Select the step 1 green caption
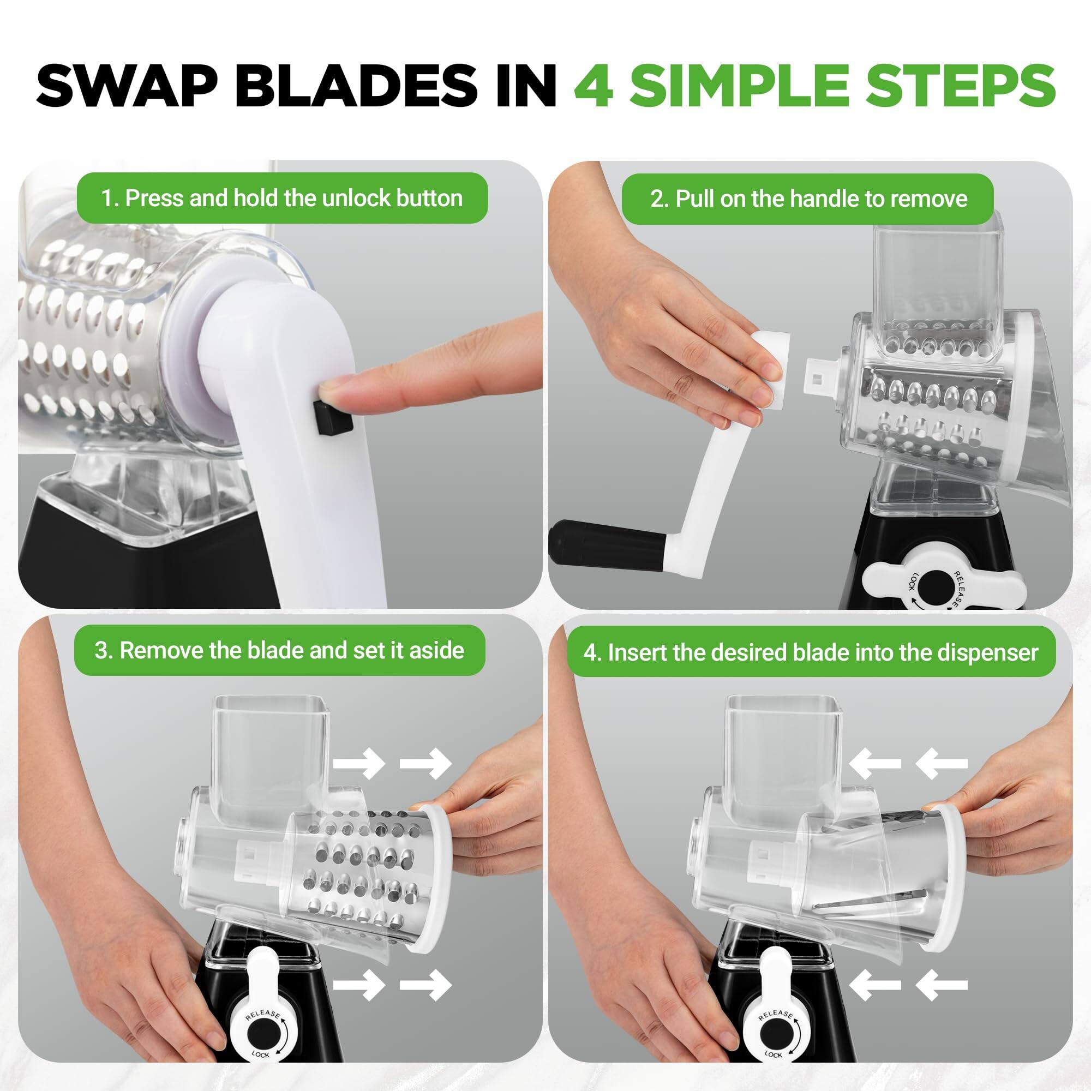click(282, 198)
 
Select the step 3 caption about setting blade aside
click(279, 651)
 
